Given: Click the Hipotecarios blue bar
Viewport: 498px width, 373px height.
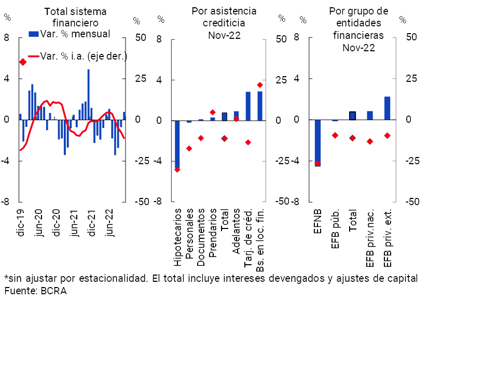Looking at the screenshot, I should point(177,145).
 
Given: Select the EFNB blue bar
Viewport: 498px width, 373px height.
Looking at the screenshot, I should point(317,142).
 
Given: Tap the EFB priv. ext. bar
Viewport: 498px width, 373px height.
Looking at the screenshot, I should point(387,108).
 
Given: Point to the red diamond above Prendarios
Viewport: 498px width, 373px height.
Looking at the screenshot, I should point(212,112).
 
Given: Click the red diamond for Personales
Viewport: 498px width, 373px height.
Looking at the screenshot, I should point(189,148).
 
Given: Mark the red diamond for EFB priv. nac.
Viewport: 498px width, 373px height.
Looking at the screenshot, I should point(370,141).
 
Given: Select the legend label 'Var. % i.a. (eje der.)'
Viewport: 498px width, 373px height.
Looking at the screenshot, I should point(84,56).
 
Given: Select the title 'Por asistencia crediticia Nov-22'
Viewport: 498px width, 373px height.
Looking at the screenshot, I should point(224,23).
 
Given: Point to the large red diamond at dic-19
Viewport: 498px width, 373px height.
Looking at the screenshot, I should point(23,62).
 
